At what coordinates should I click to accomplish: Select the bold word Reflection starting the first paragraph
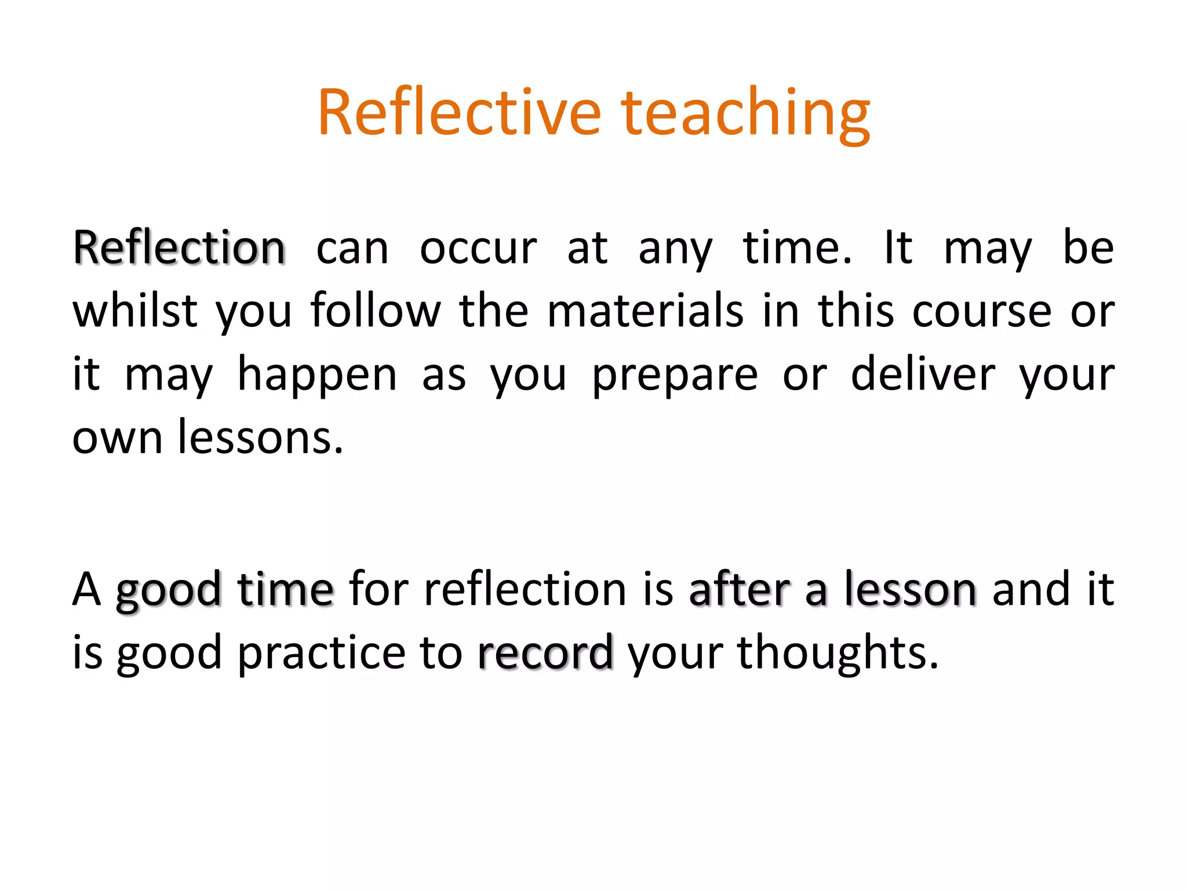tap(179, 248)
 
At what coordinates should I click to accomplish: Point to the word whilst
tap(134, 311)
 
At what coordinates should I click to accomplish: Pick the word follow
tap(375, 311)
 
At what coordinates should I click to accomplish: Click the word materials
tap(645, 311)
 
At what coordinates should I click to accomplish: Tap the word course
tap(982, 312)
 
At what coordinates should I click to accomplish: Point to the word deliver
tap(923, 374)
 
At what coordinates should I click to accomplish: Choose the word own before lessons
tap(117, 438)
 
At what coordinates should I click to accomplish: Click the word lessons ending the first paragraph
tap(260, 437)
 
